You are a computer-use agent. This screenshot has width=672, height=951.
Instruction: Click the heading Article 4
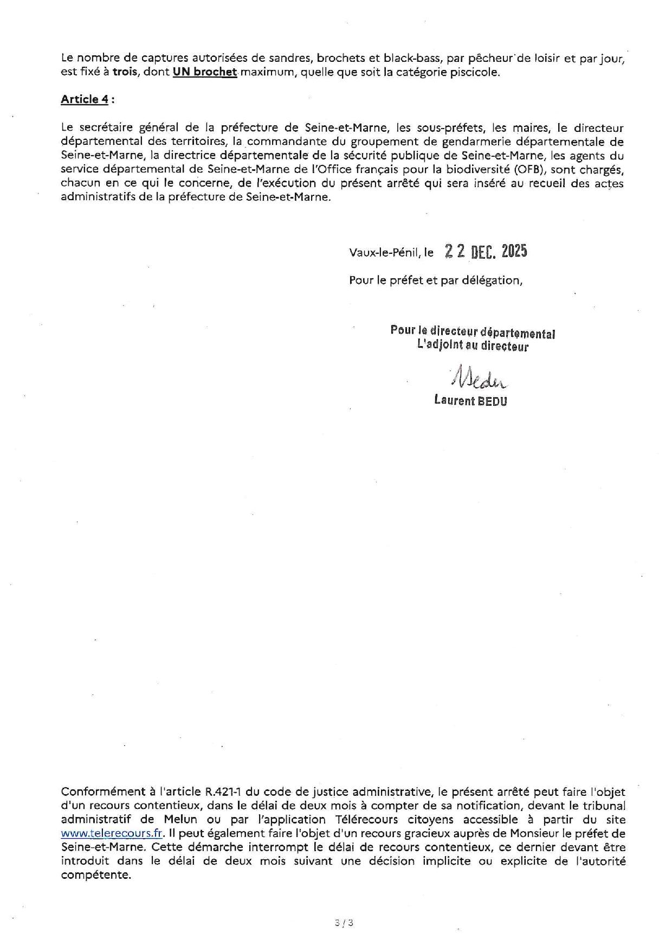click(x=84, y=99)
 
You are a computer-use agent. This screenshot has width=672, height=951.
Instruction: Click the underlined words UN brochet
click(x=205, y=72)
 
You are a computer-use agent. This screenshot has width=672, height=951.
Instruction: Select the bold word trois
click(x=125, y=72)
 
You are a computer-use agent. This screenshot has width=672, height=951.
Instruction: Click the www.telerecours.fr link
click(x=112, y=833)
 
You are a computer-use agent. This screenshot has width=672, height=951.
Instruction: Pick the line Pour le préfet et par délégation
click(x=436, y=280)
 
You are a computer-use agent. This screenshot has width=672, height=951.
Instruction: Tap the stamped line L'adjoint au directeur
click(x=473, y=346)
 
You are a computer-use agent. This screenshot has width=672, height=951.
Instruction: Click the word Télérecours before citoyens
click(x=369, y=819)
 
